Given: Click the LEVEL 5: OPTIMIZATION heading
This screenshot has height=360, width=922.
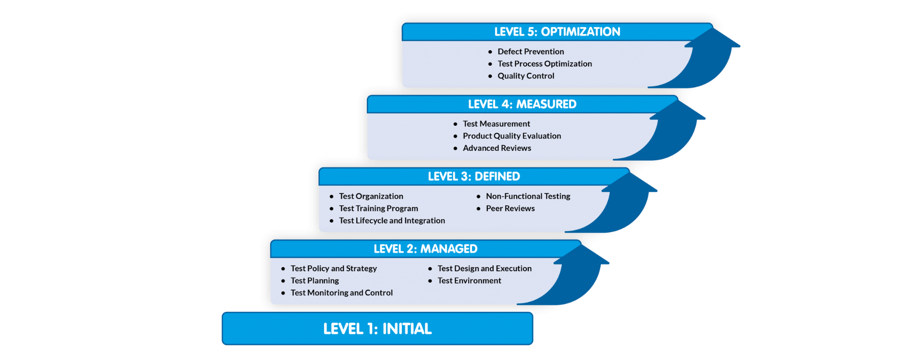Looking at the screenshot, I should pyautogui.click(x=557, y=32).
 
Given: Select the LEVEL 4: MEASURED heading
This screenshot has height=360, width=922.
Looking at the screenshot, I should pyautogui.click(x=522, y=104).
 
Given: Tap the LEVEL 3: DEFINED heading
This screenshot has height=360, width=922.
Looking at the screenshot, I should pyautogui.click(x=473, y=177).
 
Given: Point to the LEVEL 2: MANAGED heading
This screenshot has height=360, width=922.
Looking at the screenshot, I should pyautogui.click(x=425, y=249).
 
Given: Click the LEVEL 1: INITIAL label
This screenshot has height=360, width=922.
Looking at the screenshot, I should pyautogui.click(x=377, y=329).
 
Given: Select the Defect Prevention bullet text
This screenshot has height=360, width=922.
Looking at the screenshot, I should pyautogui.click(x=531, y=51).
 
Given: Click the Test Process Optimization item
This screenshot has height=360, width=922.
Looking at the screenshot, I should pyautogui.click(x=545, y=63).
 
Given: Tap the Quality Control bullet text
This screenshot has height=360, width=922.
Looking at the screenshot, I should pyautogui.click(x=526, y=76).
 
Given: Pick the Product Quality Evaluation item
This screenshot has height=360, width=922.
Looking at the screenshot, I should pyautogui.click(x=512, y=136).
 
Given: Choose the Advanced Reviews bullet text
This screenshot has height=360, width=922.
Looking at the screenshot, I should pyautogui.click(x=497, y=148).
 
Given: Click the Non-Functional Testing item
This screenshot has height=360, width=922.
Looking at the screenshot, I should pyautogui.click(x=528, y=196).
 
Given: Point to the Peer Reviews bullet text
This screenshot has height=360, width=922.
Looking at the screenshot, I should pyautogui.click(x=510, y=208).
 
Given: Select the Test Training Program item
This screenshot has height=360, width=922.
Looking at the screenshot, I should pyautogui.click(x=378, y=208).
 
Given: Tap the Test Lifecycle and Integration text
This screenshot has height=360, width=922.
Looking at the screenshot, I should pyautogui.click(x=392, y=220).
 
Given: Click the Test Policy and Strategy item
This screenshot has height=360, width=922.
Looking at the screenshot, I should pyautogui.click(x=334, y=268).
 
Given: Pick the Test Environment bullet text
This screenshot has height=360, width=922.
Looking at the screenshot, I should pyautogui.click(x=469, y=280).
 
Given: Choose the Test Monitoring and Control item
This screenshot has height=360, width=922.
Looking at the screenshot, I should pyautogui.click(x=341, y=293).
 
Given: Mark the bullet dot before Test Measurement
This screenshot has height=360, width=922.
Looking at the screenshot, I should pyautogui.click(x=455, y=124).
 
